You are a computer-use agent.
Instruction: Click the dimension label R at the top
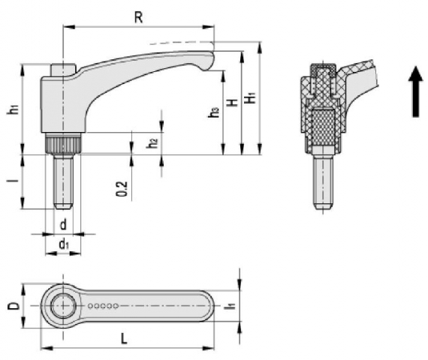138,17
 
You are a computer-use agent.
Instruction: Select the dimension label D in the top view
13,305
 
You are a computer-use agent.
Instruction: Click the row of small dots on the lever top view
104,306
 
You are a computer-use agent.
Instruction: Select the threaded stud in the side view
64,180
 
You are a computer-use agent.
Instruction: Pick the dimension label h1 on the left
13,109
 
